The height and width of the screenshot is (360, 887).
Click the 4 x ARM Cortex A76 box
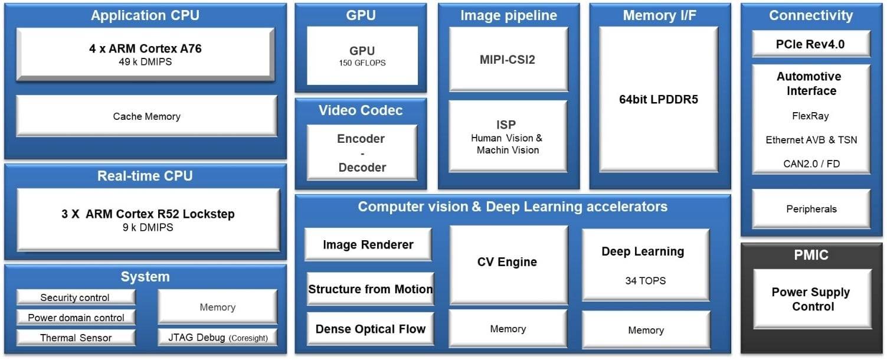[145, 54]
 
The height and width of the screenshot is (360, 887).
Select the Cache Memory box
[146, 116]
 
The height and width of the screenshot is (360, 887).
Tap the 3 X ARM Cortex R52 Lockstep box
[148, 220]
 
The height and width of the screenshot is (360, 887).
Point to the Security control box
[75, 297]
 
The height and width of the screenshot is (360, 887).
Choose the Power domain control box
[76, 318]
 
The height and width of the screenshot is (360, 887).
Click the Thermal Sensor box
[76, 338]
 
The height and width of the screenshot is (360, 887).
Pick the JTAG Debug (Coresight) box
[217, 338]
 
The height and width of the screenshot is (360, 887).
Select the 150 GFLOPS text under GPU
[362, 63]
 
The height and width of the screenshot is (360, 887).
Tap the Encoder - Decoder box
[362, 153]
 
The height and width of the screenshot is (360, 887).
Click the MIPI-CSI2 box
[508, 59]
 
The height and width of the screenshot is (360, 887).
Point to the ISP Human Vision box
[508, 136]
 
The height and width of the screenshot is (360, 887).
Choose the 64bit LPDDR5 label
[658, 99]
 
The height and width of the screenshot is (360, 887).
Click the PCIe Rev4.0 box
[810, 44]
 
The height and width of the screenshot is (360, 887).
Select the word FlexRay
[811, 116]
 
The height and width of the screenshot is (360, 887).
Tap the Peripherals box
[811, 209]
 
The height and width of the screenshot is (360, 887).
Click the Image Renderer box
[368, 245]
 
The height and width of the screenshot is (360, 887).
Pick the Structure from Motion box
[370, 289]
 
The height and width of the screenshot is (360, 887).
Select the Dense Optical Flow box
[370, 329]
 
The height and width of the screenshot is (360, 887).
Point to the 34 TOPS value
[645, 281]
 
